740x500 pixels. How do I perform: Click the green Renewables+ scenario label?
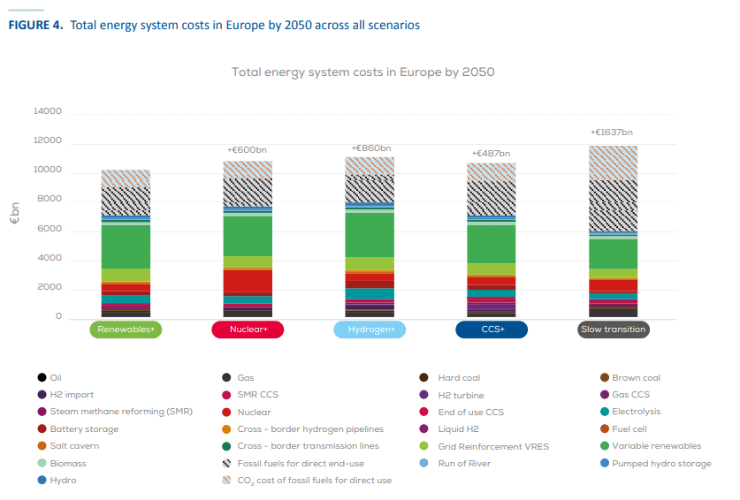tap(126, 330)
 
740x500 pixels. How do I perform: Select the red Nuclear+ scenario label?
tap(248, 330)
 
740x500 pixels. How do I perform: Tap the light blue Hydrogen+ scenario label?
tap(370, 330)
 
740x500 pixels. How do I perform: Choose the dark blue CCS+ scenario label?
tap(492, 330)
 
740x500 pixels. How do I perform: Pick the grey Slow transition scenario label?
tap(614, 330)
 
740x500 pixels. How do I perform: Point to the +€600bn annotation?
tap(248, 150)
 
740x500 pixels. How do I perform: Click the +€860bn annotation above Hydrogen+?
tap(370, 148)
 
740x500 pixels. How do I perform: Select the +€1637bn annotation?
tap(611, 133)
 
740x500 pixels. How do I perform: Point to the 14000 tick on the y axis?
tap(48, 112)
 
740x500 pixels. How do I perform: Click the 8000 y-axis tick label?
tap(50, 200)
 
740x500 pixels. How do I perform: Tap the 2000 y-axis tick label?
tap(50, 288)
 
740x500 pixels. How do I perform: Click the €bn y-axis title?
tap(14, 215)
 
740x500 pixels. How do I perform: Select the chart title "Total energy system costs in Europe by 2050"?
tap(362, 72)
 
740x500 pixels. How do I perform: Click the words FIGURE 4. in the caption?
tap(35, 25)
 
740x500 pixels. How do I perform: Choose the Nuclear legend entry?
tap(258, 412)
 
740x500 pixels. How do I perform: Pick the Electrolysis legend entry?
tap(637, 412)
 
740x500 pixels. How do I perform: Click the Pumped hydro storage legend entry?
tap(661, 463)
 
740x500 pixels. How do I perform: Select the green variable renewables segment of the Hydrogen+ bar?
tap(370, 234)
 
